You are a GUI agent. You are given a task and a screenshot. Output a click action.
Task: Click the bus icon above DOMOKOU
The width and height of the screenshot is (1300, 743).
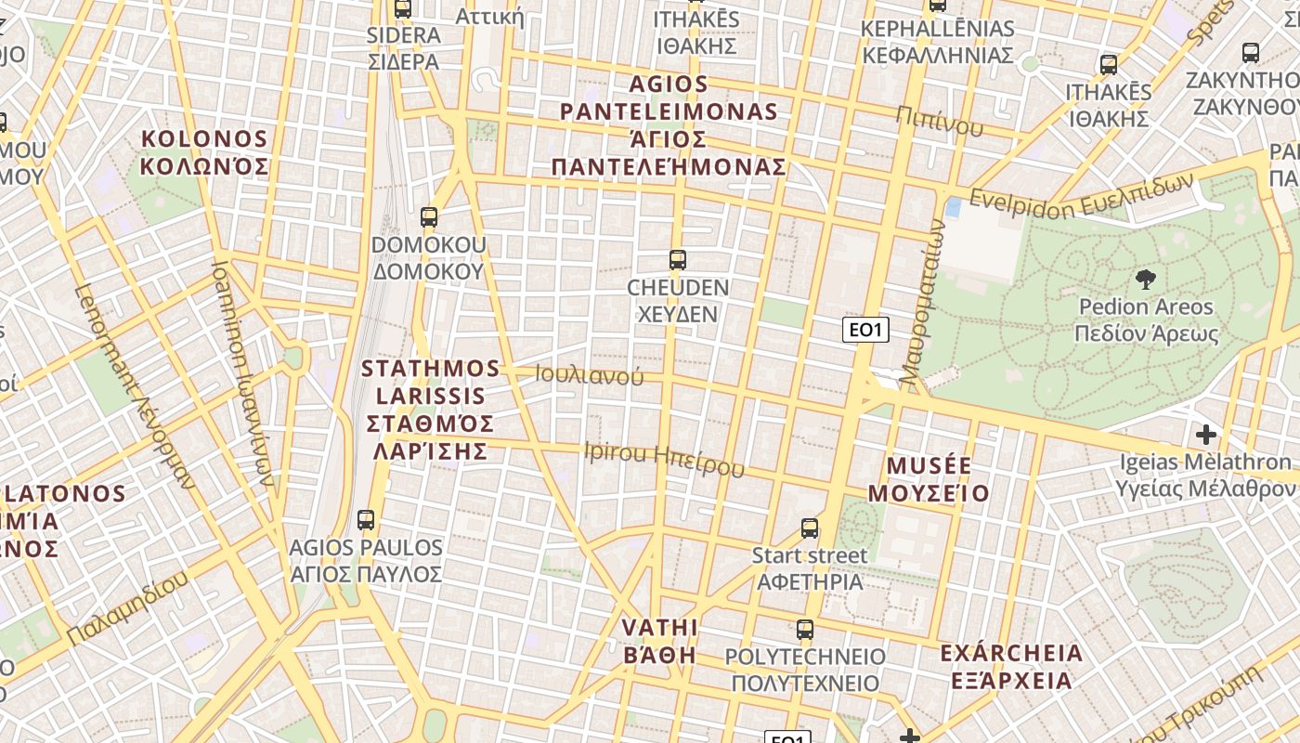click(x=428, y=217)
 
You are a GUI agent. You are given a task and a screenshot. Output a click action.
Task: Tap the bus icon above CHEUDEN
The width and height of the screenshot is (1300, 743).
click(x=678, y=260)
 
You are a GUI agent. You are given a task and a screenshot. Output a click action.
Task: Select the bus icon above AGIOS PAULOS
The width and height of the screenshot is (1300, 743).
click(x=366, y=520)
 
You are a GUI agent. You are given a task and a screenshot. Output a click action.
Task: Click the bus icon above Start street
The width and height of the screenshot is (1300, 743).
click(x=810, y=528)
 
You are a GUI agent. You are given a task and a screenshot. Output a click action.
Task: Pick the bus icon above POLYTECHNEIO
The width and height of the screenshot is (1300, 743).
click(x=805, y=630)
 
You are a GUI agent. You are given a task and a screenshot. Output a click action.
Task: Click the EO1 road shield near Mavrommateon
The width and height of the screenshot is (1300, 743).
click(x=865, y=329)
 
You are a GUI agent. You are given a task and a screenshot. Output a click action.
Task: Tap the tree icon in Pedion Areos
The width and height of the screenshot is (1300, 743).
click(x=1146, y=279)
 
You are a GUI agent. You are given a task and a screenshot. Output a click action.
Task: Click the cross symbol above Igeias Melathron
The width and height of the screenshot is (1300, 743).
click(x=1205, y=434)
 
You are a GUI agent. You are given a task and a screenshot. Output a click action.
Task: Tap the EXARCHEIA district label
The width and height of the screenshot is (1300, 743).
click(x=1011, y=666)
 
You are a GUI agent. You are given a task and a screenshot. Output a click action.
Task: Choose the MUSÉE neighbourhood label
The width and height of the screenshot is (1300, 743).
click(x=929, y=479)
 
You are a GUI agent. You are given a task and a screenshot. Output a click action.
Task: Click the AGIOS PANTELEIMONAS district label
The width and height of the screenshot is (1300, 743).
click(x=669, y=125)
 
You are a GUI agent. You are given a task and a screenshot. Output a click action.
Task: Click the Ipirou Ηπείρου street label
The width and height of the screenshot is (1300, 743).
click(x=664, y=458)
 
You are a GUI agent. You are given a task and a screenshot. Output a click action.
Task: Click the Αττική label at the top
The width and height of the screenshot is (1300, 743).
click(x=490, y=16)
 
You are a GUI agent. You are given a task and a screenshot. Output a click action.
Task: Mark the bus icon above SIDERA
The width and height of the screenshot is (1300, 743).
click(x=402, y=9)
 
